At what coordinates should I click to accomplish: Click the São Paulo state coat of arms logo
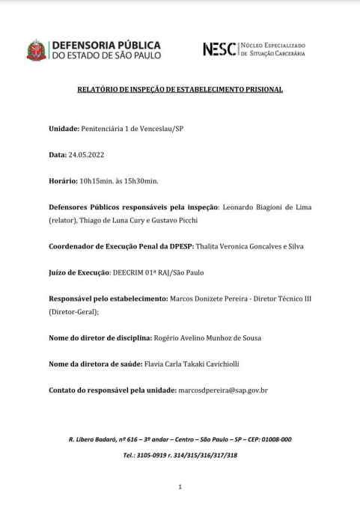pyautogui.click(x=36, y=50)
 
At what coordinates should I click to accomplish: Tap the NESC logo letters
pyautogui.click(x=219, y=49)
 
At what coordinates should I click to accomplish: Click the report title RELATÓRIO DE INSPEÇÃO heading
pyautogui.click(x=180, y=90)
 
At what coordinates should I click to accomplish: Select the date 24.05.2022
pyautogui.click(x=86, y=155)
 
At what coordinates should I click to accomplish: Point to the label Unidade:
pyautogui.click(x=64, y=129)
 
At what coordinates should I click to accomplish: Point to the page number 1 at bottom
pyautogui.click(x=180, y=487)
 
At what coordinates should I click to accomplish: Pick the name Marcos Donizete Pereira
pyautogui.click(x=212, y=299)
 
